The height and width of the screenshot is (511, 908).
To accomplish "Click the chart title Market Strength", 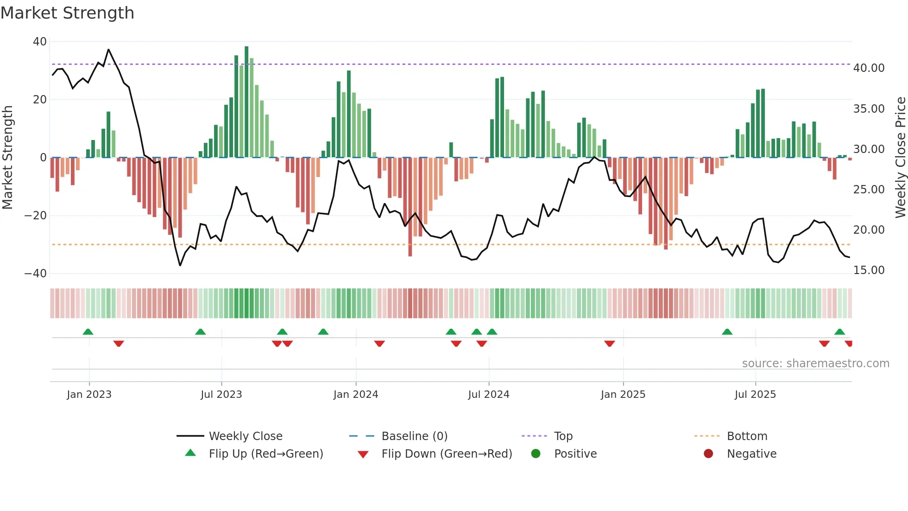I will point(67,13).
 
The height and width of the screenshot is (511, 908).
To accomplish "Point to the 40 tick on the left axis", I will point(40,42).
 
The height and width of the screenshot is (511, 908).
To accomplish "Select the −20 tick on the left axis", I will point(36,216).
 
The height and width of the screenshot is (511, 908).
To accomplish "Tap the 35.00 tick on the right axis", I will point(869,109).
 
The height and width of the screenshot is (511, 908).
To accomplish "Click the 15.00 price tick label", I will point(869,270).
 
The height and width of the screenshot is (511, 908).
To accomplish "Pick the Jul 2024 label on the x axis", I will point(488,395).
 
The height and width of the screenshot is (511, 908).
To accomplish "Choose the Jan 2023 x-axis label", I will point(89,395).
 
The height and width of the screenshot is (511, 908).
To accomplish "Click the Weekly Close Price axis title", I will point(900,158).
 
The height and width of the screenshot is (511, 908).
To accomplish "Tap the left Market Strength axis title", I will point(7,158).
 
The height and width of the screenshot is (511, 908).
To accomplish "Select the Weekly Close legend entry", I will point(245,436).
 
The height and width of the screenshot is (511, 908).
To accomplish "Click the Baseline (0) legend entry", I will point(414,436).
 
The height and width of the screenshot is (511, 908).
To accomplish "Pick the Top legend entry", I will point(563,436).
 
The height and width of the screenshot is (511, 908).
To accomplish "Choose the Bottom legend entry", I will point(747,436).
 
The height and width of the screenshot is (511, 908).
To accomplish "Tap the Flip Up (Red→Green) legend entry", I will point(265,454).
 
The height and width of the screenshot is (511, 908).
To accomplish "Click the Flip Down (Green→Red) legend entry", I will point(447,454).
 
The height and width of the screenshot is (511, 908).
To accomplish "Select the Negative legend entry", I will point(751,454).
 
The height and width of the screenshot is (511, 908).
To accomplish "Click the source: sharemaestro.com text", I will point(815,364).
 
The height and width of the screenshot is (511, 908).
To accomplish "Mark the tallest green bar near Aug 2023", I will point(246,102).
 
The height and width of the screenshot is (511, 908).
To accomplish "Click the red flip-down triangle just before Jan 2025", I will point(609,344).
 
